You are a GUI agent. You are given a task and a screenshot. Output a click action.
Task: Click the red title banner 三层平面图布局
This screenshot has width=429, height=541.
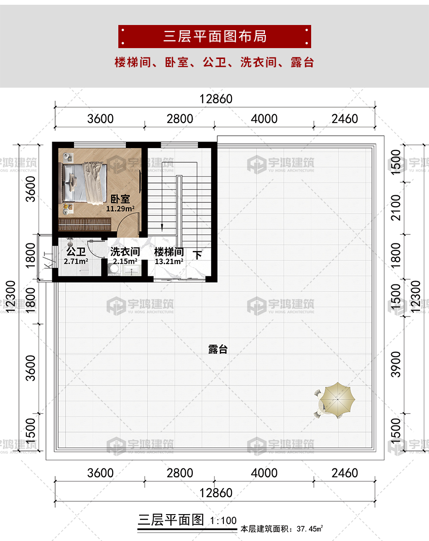tap(214, 36)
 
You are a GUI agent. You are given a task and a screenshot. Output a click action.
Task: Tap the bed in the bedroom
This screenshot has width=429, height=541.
tap(84, 182)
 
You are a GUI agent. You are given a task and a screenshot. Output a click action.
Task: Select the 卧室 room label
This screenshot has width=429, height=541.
tap(120, 199)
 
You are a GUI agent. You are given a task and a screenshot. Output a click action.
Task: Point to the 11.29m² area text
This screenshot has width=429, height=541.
tap(120, 209)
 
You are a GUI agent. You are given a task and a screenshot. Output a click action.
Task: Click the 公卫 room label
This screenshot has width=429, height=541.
tap(76, 251)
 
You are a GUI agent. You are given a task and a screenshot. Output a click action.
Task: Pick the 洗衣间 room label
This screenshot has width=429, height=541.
tap(125, 252)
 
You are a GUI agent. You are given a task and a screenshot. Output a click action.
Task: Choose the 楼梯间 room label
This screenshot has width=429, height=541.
tap(169, 252)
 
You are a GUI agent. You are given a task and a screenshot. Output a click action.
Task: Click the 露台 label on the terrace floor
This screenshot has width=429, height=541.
tap(218, 349)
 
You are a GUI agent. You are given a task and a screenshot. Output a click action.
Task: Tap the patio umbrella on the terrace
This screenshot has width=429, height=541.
tap(337, 400)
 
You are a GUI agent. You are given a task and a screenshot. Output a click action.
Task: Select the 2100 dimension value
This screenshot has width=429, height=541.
tap(396, 208)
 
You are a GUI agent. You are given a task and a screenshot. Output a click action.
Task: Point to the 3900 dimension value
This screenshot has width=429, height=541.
tap(396, 364)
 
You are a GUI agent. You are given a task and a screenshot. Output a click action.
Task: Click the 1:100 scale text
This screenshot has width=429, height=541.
tap(223, 521)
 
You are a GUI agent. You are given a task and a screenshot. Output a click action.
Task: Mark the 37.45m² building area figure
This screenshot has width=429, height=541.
tap(310, 529)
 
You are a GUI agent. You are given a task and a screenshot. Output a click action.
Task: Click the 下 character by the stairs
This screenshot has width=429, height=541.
tap(197, 255)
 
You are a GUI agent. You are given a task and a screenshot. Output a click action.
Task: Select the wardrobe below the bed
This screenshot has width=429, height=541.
tap(84, 224)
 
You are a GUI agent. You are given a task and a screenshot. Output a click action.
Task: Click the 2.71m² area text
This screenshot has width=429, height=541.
tap(76, 261)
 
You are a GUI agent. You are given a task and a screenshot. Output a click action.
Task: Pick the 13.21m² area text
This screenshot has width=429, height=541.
tap(169, 261)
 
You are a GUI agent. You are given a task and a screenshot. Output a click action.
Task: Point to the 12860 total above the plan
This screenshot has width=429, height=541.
tap(216, 99)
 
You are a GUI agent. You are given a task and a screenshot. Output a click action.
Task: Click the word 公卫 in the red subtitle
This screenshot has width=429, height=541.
tap(214, 62)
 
